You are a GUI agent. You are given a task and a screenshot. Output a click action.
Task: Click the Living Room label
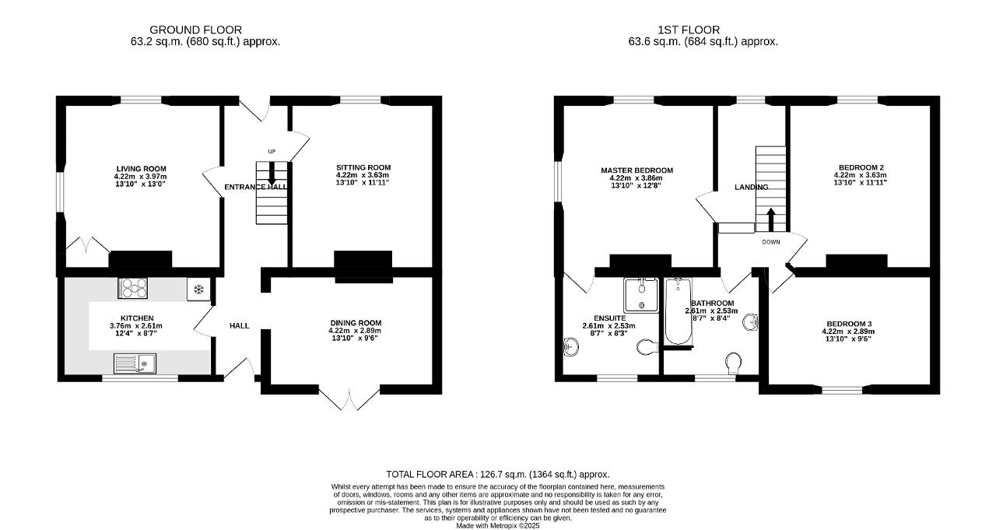pos(141,169)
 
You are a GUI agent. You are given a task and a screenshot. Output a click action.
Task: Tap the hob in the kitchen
pos(132,288)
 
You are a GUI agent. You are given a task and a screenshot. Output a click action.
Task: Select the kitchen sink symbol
pos(135,363)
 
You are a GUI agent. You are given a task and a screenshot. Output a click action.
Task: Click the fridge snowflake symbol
pos(198,290)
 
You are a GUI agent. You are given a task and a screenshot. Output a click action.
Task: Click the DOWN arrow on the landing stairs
pos(770,219)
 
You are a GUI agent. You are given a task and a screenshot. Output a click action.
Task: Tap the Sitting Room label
pos(363,167)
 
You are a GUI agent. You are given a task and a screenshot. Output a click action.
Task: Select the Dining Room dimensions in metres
pos(355,330)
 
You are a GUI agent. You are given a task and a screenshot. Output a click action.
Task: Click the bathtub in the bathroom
pos(678,311)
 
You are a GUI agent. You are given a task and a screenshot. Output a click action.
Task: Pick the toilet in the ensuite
pos(648,346)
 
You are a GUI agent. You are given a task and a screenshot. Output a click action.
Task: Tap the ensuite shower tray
pos(640,295)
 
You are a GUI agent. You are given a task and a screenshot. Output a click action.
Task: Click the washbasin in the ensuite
pos(570,346)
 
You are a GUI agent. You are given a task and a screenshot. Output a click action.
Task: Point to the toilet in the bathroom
pos(733,363)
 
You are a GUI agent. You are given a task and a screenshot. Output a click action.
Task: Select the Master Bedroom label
pos(637,170)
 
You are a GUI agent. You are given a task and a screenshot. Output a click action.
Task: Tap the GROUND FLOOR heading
pos(195,30)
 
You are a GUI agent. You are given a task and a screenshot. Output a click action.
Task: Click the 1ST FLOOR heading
pos(689,30)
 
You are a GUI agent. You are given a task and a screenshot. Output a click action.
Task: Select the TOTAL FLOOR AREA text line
pos(497,475)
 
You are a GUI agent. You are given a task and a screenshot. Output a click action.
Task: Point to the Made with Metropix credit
pos(497,525)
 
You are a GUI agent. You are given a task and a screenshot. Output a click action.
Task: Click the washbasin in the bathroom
pos(750,322)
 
